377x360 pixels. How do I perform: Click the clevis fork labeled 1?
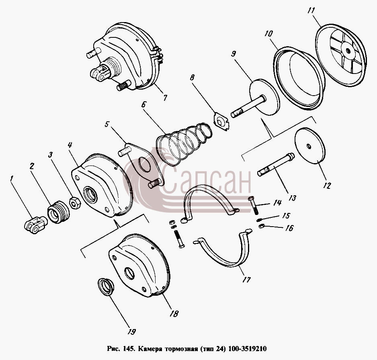[x=36, y=225]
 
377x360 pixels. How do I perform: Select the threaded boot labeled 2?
[x=58, y=212]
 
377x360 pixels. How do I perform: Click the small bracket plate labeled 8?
[x=221, y=121]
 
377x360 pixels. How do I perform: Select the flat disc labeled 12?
[x=310, y=145]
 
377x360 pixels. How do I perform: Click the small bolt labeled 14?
[x=253, y=205]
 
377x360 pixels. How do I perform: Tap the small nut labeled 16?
[x=262, y=226]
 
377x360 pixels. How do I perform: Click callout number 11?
[x=311, y=11]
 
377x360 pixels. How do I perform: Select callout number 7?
[x=165, y=98]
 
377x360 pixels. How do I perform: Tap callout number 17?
[x=246, y=280]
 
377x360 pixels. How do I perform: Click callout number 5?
[x=107, y=124]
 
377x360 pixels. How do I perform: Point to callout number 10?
[x=268, y=34]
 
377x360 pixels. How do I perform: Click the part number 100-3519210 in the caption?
[x=247, y=348]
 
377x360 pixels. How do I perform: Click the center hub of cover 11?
[x=347, y=51]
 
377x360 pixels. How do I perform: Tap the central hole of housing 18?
[x=129, y=273]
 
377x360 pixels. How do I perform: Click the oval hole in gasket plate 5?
[x=144, y=165]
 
